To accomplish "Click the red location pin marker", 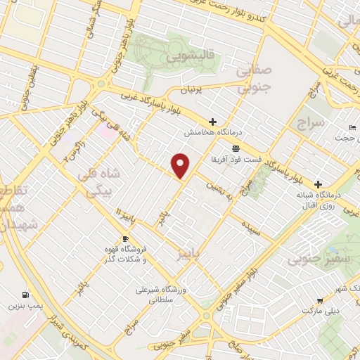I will (181, 165).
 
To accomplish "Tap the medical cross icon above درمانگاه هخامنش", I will (212, 122).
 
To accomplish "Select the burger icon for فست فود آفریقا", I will (236, 148).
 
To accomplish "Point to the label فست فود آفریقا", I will (236, 160).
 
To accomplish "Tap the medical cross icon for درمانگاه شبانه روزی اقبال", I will (318, 182).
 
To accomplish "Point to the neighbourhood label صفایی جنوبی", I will (252, 79).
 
